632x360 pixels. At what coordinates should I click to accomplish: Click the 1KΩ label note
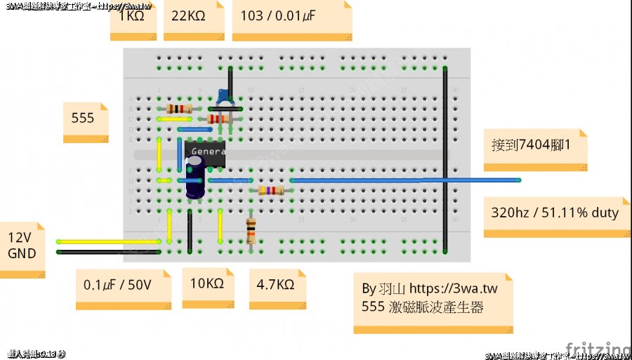pyautogui.click(x=133, y=17)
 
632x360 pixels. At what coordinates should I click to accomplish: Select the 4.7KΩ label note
pyautogui.click(x=277, y=286)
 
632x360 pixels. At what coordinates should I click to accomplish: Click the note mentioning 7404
pyautogui.click(x=534, y=146)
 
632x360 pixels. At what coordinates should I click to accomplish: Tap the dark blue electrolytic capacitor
pyautogui.click(x=195, y=178)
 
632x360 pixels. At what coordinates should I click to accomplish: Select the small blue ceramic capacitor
pyautogui.click(x=223, y=96)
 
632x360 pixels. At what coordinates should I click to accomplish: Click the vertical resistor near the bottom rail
pyautogui.click(x=251, y=231)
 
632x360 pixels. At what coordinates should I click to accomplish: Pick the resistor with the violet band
pyautogui.click(x=271, y=190)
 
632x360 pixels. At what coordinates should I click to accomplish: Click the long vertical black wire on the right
pyautogui.click(x=445, y=161)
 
